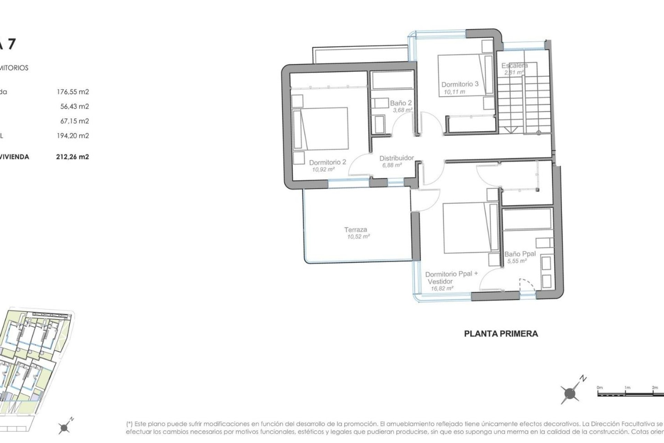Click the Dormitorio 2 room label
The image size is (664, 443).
(x=327, y=162)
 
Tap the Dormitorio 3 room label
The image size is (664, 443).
(x=460, y=84)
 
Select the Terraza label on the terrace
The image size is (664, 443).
(x=356, y=229)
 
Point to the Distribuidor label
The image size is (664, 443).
(x=396, y=158)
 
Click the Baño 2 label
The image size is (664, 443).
(x=401, y=103)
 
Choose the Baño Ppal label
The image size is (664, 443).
(x=520, y=254)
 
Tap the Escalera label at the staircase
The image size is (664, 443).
(x=514, y=65)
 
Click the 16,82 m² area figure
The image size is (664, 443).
(x=442, y=288)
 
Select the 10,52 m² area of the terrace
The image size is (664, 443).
(x=358, y=237)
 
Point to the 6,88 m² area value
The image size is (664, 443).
(x=392, y=165)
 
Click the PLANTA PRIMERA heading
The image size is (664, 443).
(x=501, y=334)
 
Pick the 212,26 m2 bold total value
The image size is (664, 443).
(x=72, y=157)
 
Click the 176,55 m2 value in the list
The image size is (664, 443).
(x=73, y=92)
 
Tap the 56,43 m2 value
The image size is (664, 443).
(x=74, y=106)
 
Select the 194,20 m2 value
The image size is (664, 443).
(x=73, y=136)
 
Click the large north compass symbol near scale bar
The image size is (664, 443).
(x=570, y=393)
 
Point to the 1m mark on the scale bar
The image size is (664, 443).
(x=627, y=388)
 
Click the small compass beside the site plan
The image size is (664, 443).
(x=64, y=428)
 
